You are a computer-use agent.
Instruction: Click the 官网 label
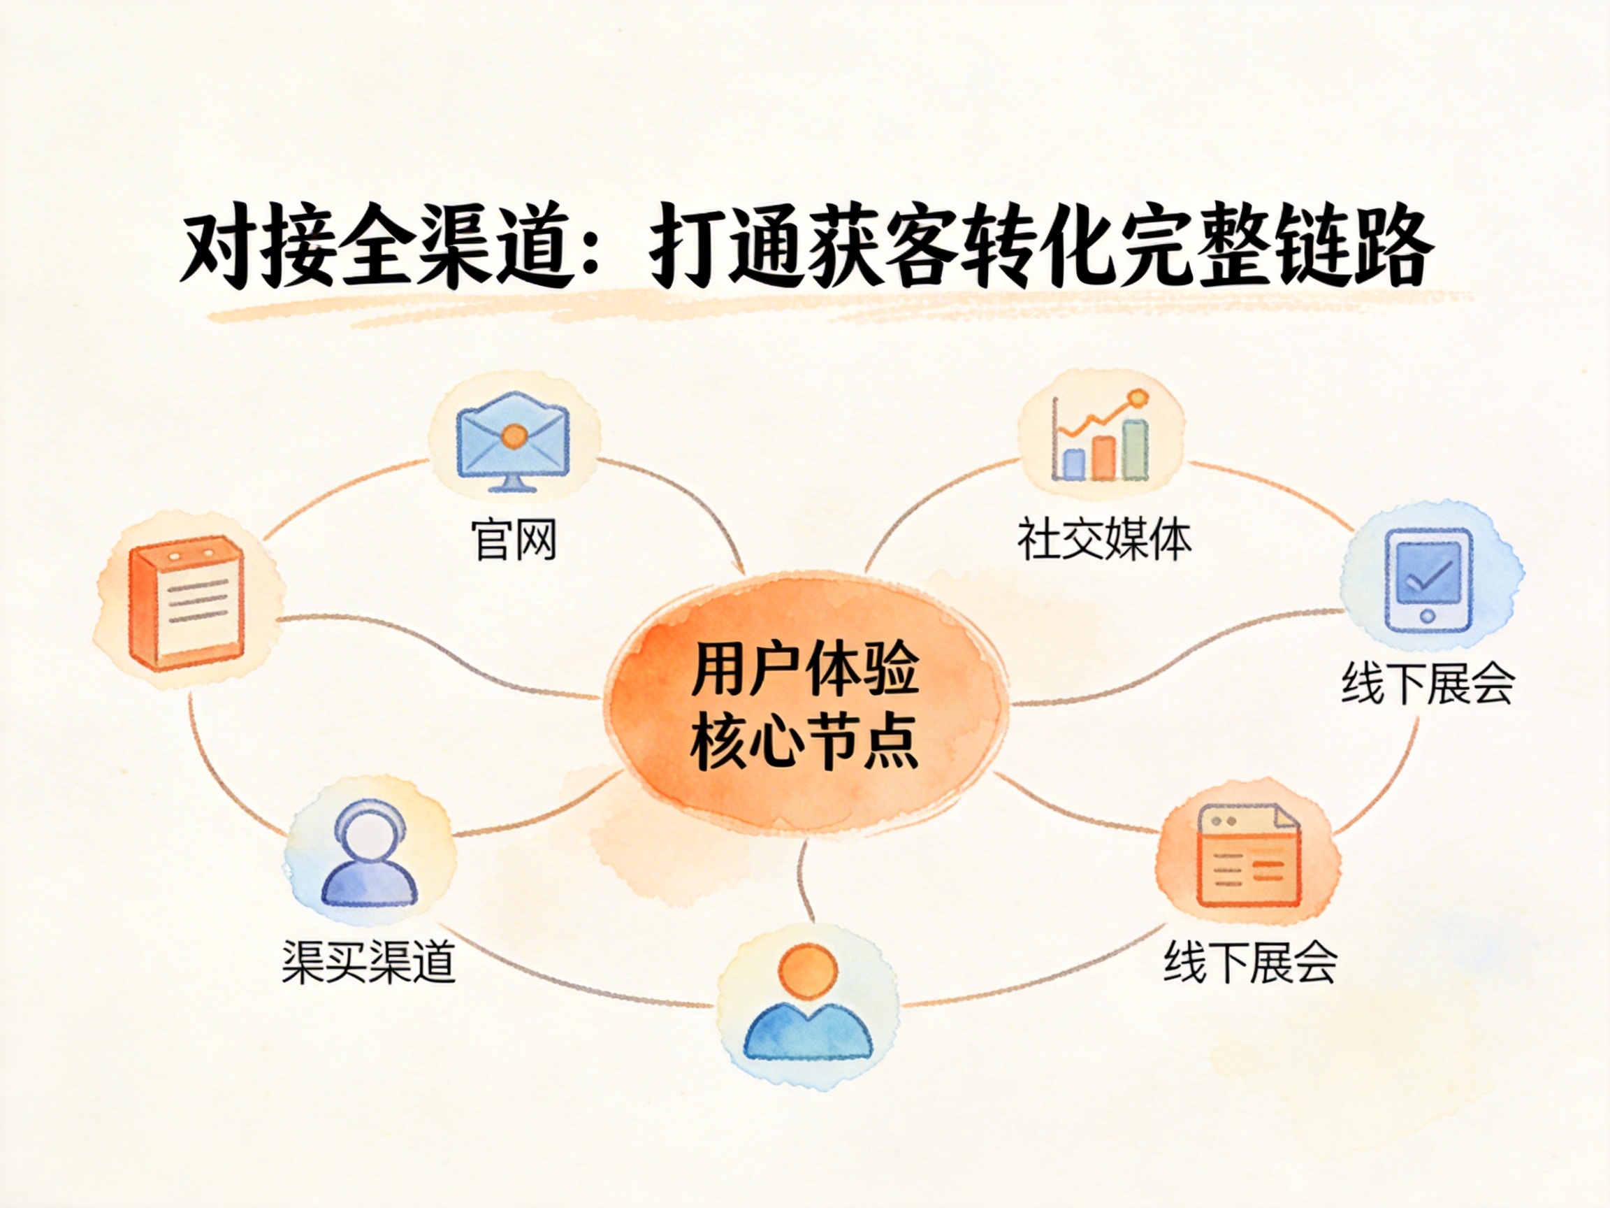click(x=514, y=540)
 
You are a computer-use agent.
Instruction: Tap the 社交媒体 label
click(x=1103, y=540)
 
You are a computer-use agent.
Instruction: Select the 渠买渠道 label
click(x=368, y=962)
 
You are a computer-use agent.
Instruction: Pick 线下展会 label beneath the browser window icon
click(x=1249, y=962)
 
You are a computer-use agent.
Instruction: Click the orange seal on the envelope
click(x=514, y=436)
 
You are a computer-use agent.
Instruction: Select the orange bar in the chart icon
click(x=1103, y=459)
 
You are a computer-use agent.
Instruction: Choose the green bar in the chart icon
click(x=1135, y=450)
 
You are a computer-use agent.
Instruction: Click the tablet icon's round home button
click(x=1428, y=616)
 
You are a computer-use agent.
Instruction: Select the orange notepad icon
click(x=187, y=607)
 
